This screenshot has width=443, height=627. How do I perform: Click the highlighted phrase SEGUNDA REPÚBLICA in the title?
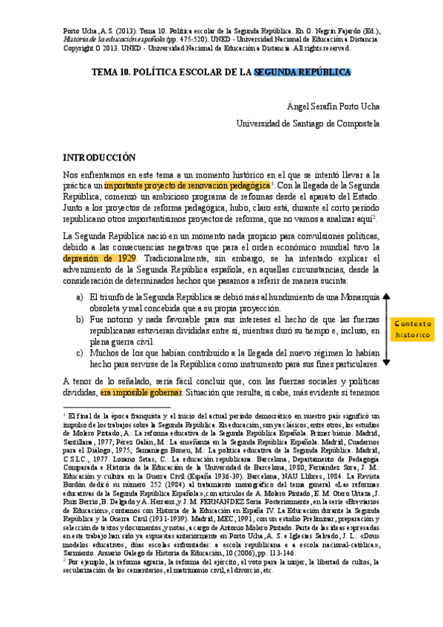click(x=302, y=72)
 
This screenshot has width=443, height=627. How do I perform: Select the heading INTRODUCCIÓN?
click(x=99, y=157)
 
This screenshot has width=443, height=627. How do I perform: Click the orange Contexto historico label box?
click(x=413, y=329)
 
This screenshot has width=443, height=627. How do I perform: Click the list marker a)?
click(x=80, y=296)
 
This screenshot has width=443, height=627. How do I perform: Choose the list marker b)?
click(x=80, y=319)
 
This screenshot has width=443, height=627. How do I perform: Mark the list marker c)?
click(x=80, y=353)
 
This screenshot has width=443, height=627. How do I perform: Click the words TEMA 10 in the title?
click(x=115, y=72)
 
